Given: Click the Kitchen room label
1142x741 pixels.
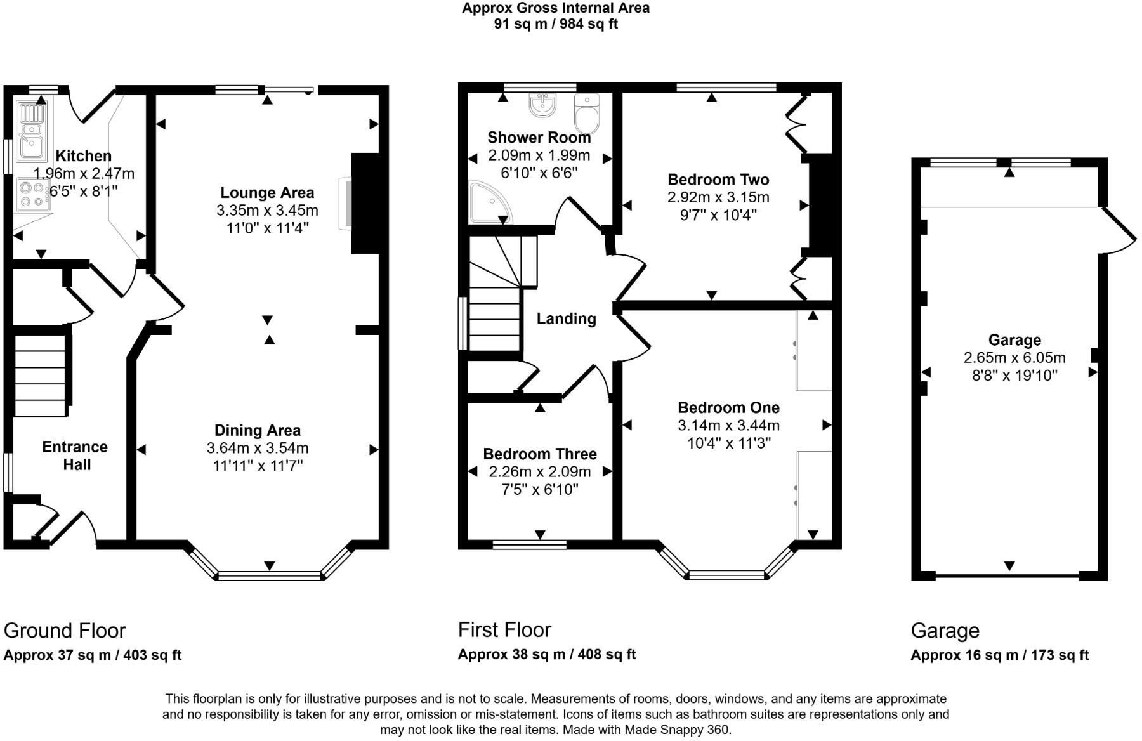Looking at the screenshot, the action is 83,155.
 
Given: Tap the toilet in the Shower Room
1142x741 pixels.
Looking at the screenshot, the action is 586,112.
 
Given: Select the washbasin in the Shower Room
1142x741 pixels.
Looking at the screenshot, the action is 542,105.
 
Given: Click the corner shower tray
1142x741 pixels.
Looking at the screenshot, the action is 490,202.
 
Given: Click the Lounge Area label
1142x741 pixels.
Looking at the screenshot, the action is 267,192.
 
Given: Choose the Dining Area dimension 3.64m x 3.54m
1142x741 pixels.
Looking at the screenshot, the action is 258,448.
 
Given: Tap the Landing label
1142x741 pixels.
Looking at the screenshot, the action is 567,318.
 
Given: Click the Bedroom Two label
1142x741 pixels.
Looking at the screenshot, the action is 718,180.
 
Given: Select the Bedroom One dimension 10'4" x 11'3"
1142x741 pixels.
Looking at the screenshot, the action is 729,443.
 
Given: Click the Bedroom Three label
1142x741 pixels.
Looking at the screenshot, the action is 540,454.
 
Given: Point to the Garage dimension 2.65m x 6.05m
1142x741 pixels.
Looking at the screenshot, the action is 1014,358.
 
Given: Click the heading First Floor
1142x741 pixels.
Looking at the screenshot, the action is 504,629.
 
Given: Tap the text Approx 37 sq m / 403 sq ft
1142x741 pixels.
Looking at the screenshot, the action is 93,655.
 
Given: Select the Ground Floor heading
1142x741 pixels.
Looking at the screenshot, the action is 65,631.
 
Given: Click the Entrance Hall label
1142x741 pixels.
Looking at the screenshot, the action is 75,456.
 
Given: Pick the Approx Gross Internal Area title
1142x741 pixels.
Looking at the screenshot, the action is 556,8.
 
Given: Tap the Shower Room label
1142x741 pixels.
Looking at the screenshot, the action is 539,137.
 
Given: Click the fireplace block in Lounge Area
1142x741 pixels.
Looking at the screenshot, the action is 365,203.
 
